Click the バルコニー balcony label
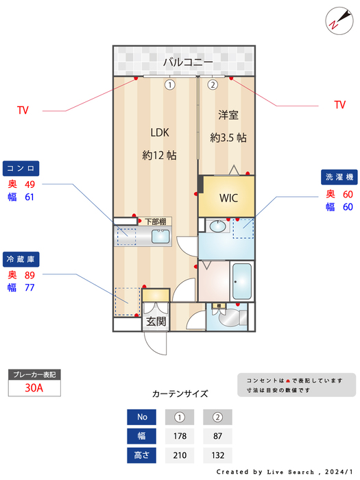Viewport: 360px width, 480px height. [184, 62]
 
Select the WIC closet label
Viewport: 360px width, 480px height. [228, 198]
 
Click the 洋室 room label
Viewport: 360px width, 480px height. [228, 115]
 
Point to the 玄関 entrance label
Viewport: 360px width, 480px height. [156, 322]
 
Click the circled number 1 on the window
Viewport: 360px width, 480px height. [169, 85]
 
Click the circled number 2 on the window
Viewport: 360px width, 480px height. [213, 85]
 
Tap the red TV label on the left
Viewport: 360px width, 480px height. [23, 110]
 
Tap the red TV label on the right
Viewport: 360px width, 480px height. [339, 105]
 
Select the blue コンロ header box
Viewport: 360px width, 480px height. [22, 169]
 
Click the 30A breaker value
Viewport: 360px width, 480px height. [34, 387]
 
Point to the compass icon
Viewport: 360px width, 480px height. [336, 20]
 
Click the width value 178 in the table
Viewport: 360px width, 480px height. [180, 436]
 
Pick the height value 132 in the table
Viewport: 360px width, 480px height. [217, 455]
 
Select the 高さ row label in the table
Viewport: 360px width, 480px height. [142, 455]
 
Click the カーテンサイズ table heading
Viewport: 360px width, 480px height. [180, 394]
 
